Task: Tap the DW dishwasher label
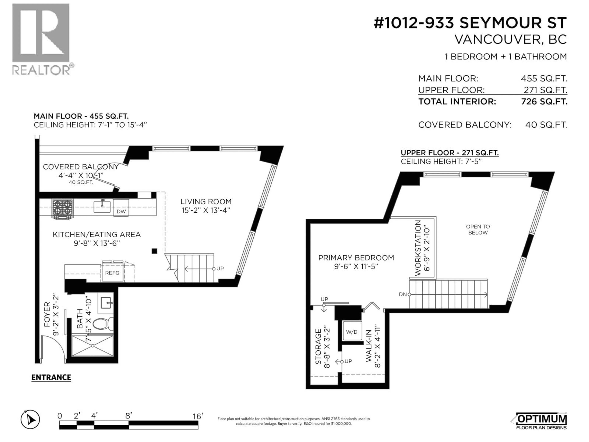[x=121, y=211]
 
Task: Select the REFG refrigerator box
[x=112, y=273]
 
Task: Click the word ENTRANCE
[x=51, y=378]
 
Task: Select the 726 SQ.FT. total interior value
[x=544, y=101]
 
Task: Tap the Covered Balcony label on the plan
[x=81, y=167]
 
